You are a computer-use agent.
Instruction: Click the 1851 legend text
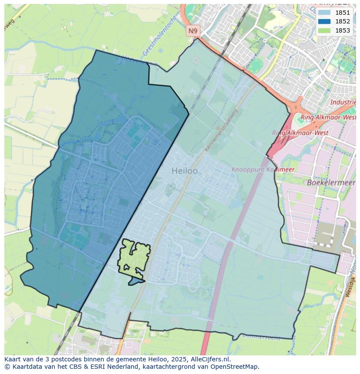point(343,13)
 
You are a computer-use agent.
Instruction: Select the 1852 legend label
point(343,21)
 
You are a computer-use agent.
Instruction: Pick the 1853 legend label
point(343,30)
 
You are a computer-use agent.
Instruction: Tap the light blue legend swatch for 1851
point(324,13)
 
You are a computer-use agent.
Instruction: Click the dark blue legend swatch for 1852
point(324,21)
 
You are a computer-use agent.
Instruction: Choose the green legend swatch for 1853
point(324,30)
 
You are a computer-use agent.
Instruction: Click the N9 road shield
point(193,31)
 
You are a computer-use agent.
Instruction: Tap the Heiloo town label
point(184,171)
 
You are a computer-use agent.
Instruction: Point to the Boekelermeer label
point(331,182)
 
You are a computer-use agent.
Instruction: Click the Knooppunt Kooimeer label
point(263,169)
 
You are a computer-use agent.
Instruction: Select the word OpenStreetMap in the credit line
point(237,367)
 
